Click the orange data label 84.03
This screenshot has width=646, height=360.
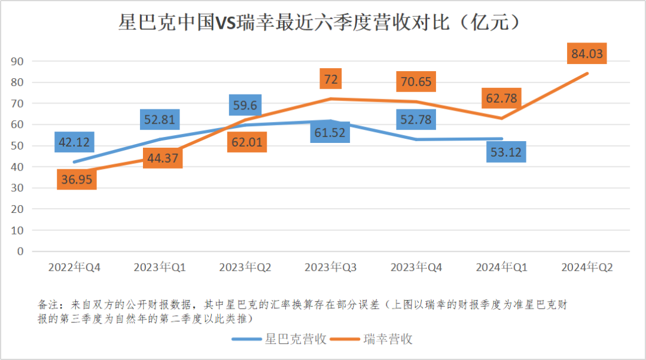587,53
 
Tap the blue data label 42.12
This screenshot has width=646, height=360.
74,142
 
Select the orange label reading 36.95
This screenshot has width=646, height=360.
77,179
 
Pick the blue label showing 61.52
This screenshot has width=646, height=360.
330,132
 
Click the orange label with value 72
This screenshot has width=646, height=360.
331,80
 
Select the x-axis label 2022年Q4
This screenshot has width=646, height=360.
74,267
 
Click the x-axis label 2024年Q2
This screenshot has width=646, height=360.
587,267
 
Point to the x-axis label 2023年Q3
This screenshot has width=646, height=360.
331,267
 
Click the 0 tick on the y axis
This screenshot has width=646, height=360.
20,251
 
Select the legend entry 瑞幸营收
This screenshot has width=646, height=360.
388,339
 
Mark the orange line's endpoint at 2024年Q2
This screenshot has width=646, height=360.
588,73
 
